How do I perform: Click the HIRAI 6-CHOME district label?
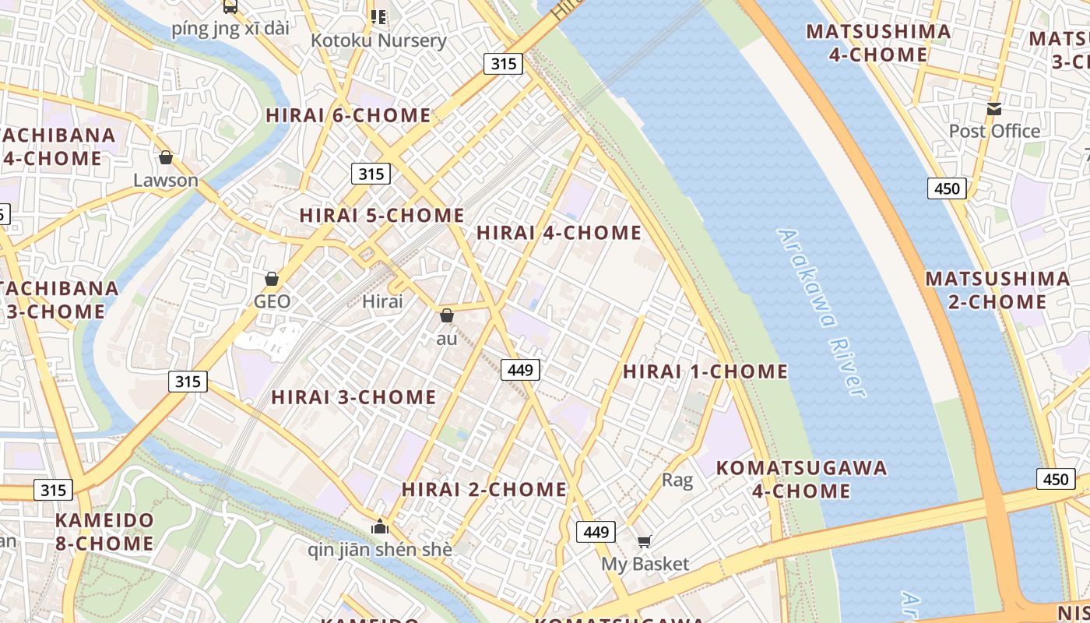348,115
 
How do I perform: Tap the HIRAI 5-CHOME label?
381,215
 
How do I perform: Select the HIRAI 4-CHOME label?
558,232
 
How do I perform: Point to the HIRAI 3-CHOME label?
353,396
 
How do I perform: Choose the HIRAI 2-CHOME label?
483,489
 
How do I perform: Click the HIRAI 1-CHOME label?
705,371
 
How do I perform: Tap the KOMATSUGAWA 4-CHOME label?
801,479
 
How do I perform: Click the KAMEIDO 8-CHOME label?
104,531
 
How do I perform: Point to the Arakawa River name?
822,311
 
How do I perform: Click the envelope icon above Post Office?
994,109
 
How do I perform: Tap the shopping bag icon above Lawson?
166,158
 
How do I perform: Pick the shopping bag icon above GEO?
272,279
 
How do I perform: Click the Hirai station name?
383,301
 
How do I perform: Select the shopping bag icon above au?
447,315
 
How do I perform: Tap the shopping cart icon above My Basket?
644,541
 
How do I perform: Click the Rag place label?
677,480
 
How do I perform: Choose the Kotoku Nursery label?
378,40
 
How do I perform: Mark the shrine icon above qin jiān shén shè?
380,527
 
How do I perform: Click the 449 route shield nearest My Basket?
596,532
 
